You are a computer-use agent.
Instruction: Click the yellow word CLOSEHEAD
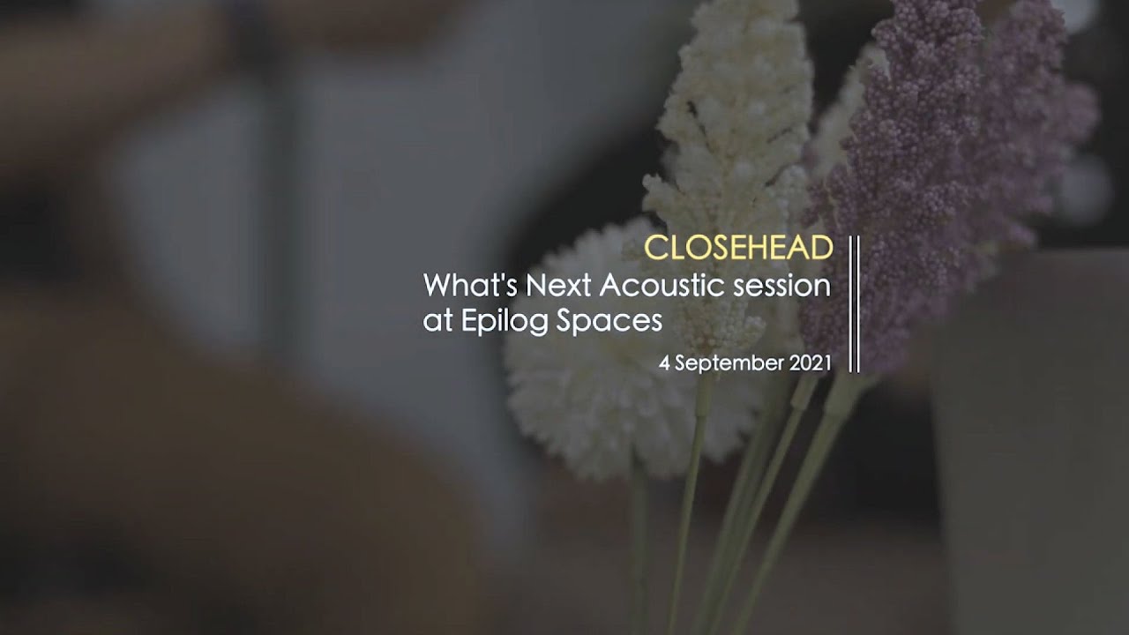738,248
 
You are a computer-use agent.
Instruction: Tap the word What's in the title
470,285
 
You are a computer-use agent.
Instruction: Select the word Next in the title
558,285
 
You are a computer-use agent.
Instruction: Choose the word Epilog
505,321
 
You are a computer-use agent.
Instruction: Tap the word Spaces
609,321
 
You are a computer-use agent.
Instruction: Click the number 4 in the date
664,363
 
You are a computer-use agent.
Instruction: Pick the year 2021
810,363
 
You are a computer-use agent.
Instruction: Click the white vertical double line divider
855,304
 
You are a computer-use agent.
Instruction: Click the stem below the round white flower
640,549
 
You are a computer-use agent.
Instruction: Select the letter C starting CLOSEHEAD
654,248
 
